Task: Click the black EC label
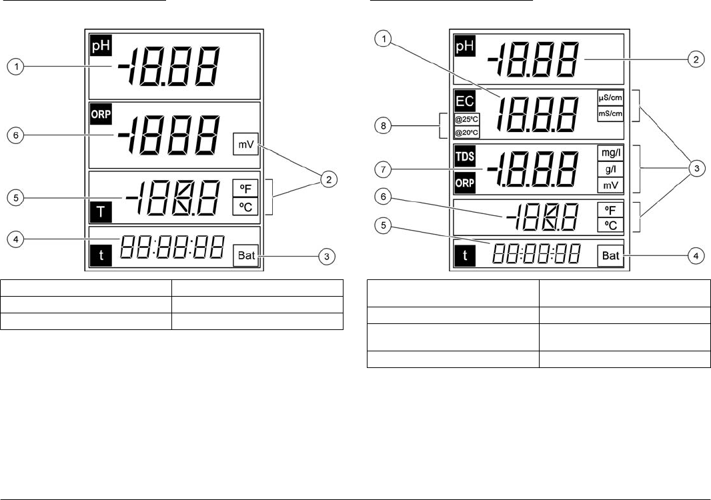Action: point(464,102)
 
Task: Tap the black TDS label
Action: point(464,155)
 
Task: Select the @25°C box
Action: point(466,120)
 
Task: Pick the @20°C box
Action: point(466,132)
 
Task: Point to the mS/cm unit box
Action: point(610,113)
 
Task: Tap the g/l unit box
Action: point(610,169)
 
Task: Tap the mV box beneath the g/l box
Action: point(610,186)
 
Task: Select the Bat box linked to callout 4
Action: point(610,255)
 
